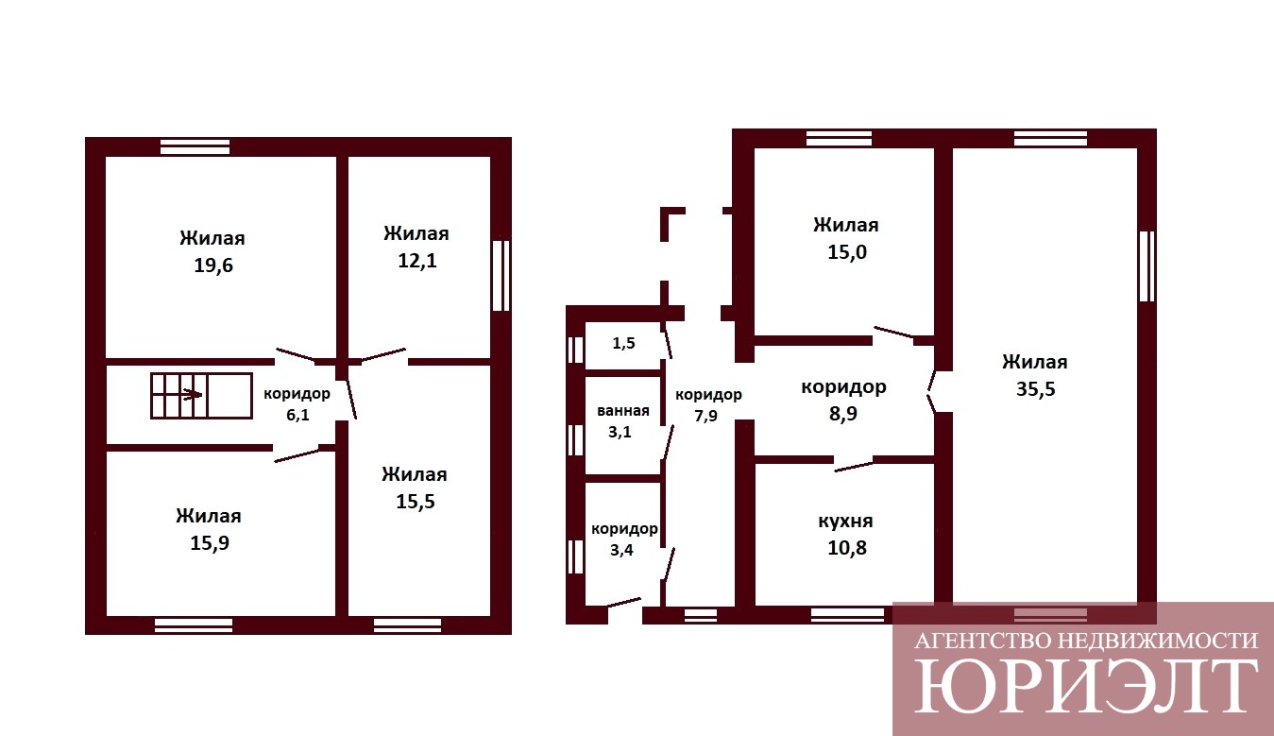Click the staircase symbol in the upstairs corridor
[201, 396]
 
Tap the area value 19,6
[213, 265]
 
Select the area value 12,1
[416, 261]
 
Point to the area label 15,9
[210, 543]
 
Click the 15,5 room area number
[416, 502]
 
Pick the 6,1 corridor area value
[297, 415]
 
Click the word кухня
[845, 522]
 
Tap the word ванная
[622, 411]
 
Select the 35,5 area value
[1035, 389]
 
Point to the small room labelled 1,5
[623, 343]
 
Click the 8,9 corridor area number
[843, 414]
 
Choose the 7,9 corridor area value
[705, 416]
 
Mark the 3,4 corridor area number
[621, 550]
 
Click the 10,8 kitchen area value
[847, 548]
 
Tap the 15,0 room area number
[847, 252]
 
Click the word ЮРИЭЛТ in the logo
[1086, 686]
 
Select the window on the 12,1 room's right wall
[501, 275]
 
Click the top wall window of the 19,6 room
[195, 146]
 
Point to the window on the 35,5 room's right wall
[1147, 265]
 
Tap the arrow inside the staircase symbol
[192, 394]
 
